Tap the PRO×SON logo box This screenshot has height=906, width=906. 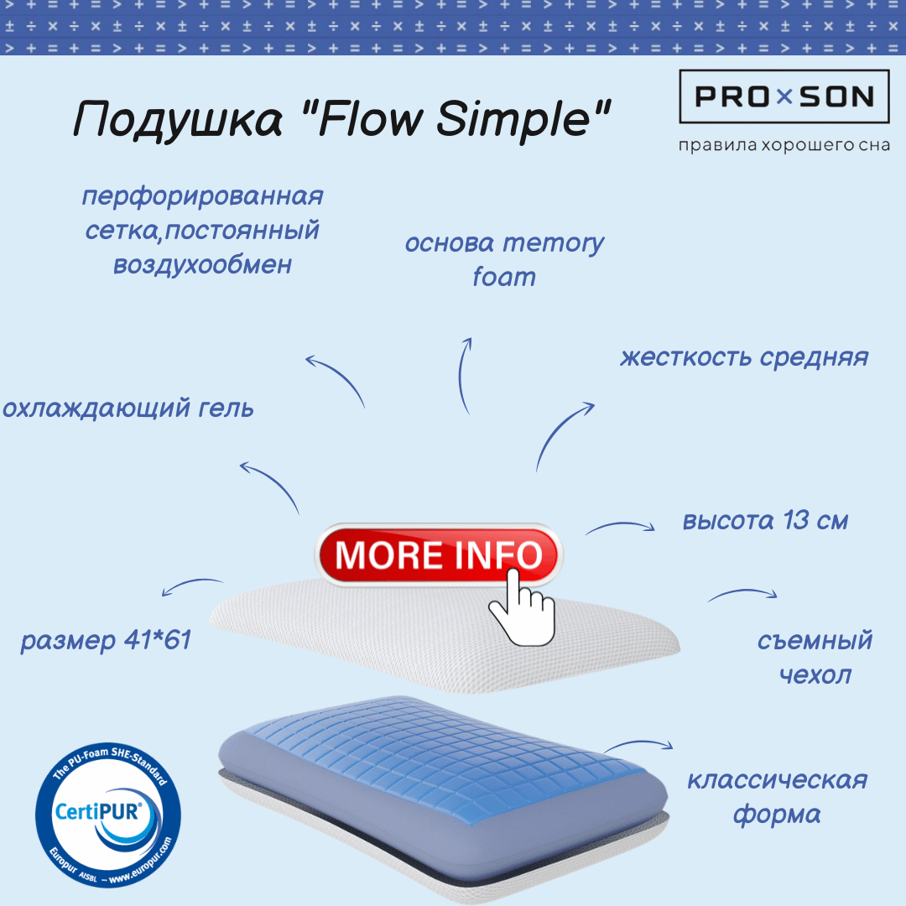pos(784,96)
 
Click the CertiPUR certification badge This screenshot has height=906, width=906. pos(108,815)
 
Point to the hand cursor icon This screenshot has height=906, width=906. pos(522,607)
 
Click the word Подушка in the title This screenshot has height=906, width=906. pos(178,120)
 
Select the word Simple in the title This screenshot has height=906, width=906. pos(513,120)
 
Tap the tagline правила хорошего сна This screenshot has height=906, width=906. pos(784,144)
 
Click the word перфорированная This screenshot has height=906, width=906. pos(202,196)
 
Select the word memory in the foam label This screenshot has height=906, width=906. pos(553,244)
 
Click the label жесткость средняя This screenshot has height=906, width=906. pos(744,357)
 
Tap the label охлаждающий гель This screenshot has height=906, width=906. pos(128,408)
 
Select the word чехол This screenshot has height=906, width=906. pos(815,674)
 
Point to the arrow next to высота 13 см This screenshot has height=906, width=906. pos(620,524)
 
